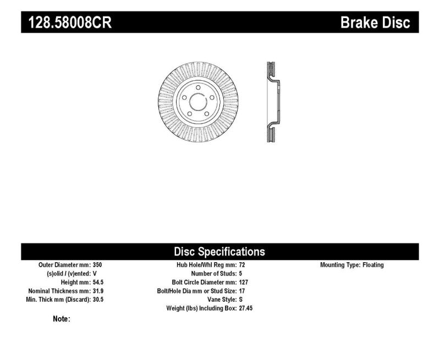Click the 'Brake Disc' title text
point(376,23)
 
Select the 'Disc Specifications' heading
point(219,252)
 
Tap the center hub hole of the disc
point(196,102)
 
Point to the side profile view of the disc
point(271,102)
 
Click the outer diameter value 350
point(98,265)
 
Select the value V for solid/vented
point(95,273)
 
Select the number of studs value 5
point(241,273)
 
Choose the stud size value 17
point(243,291)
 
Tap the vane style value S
point(241,300)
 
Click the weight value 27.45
point(246,308)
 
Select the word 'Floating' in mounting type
point(373,265)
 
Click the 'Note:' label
point(61,319)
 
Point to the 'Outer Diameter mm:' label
point(62,265)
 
